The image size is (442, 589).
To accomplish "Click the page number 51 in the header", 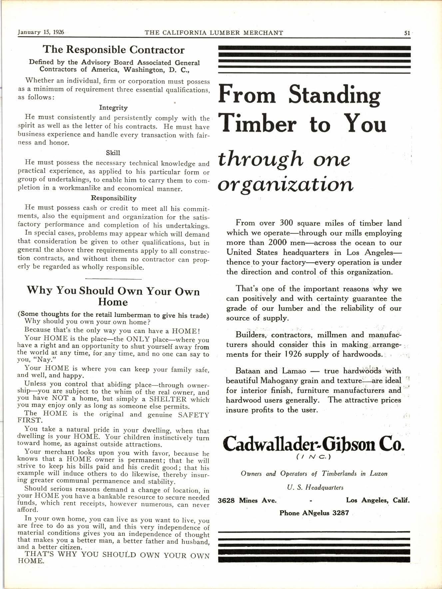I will [x=407, y=33].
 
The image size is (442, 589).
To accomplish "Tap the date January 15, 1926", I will [x=41, y=32].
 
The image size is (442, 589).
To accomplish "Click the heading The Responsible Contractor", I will [x=113, y=50].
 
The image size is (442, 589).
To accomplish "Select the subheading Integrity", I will [x=113, y=108].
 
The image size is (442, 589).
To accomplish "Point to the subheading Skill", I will [x=113, y=153].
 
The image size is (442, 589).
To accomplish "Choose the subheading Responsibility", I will [x=114, y=198].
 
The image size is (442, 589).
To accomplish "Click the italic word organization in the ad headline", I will [x=285, y=185].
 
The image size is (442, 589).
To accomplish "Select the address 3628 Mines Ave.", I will [x=247, y=500].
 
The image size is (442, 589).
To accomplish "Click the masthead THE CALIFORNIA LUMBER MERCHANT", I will [x=214, y=33].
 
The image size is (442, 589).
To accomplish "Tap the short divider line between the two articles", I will [x=114, y=279].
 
